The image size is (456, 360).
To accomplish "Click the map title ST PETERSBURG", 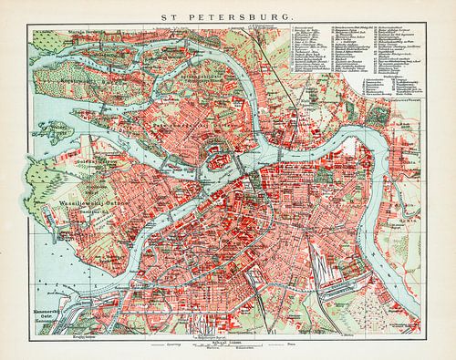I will click(x=227, y=15).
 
